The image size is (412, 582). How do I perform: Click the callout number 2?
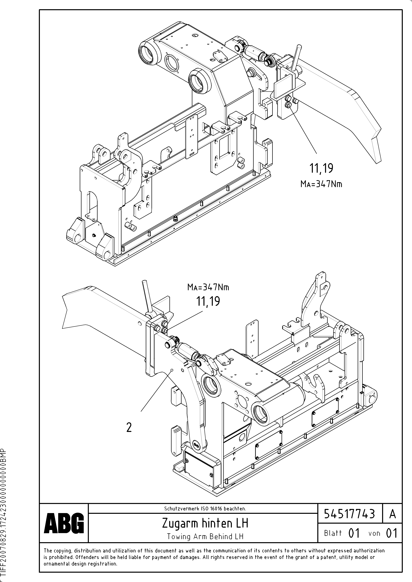[x=129, y=428]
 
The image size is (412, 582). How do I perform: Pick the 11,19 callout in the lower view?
[x=208, y=301]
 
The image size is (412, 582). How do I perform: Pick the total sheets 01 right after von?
[x=391, y=533]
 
